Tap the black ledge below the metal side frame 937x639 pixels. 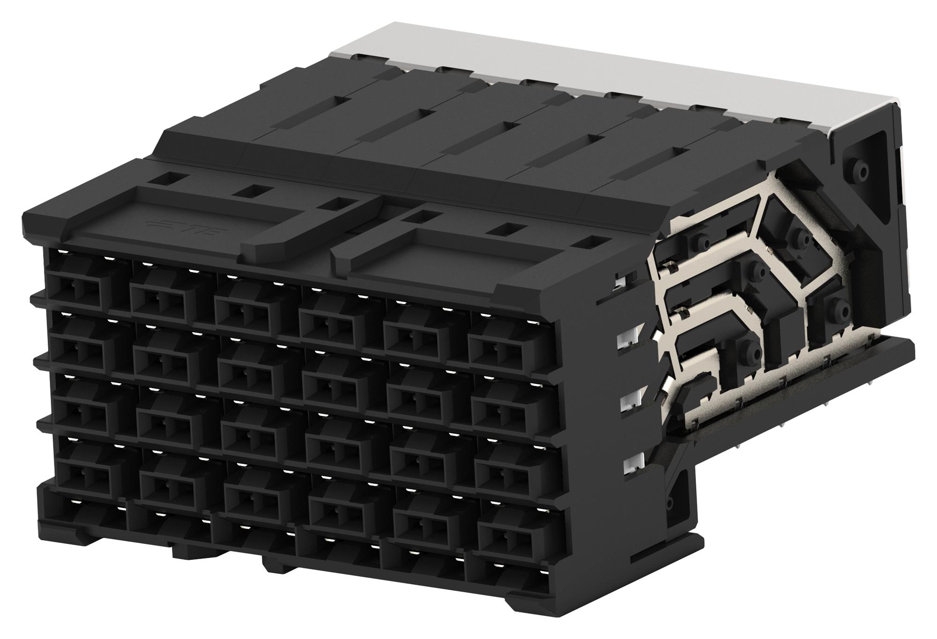tap(796, 375)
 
